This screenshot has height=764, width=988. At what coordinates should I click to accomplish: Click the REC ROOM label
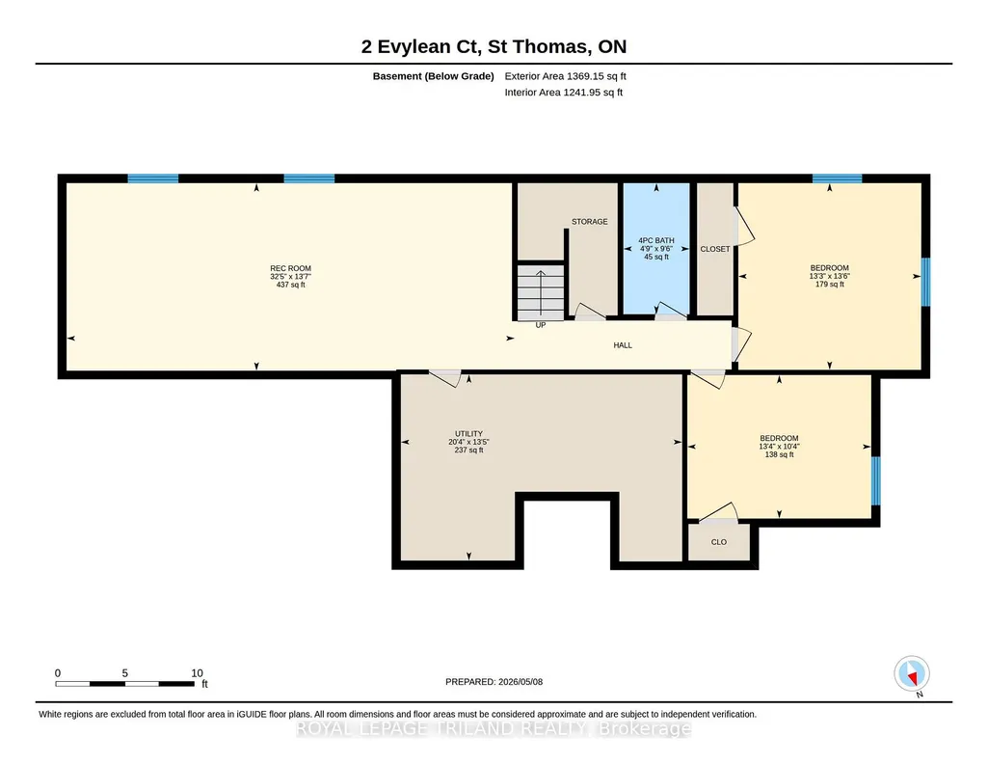coord(290,268)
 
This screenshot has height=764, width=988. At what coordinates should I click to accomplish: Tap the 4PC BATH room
coord(656,248)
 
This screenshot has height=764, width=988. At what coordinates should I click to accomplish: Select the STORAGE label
coord(590,221)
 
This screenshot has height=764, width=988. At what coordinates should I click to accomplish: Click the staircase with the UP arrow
coord(541,292)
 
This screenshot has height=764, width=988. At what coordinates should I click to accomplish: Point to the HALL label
coord(623,344)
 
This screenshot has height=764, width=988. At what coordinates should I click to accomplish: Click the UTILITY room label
coord(468,434)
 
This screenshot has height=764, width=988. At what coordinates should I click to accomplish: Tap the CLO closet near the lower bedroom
coord(718,542)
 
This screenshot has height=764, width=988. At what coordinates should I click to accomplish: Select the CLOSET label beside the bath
coord(715,249)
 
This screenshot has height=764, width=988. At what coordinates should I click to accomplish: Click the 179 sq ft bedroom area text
coord(829,285)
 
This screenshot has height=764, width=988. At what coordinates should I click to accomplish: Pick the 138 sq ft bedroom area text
coord(779,454)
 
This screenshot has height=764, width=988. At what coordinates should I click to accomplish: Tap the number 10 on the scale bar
coord(197,673)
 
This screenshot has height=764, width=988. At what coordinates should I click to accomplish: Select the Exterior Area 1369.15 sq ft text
coord(565,76)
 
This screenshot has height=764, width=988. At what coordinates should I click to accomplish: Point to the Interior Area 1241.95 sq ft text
coord(563,92)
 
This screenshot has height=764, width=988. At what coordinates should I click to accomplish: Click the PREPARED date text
coord(494,681)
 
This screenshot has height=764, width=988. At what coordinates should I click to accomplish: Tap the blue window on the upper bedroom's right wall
coord(925,282)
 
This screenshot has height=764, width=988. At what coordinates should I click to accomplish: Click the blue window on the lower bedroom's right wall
coord(876,481)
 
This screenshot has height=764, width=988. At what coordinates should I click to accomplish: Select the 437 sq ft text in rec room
coord(290,285)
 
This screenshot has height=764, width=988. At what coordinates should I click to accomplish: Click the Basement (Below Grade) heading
coord(434,76)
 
